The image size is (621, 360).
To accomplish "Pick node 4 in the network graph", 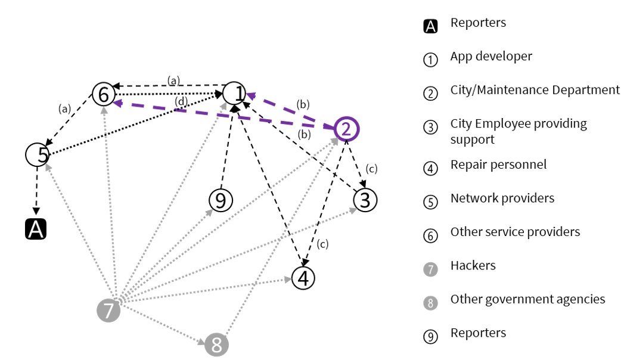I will pos(303,278).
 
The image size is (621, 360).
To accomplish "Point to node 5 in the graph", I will pos(37,155).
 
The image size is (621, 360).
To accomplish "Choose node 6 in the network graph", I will pos(103,94).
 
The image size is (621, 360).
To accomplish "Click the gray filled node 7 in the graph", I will pos(108,311).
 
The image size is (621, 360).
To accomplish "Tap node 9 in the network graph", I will pos(221,200).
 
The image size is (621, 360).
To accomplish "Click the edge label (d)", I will pos(181,101).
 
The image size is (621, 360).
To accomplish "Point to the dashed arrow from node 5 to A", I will pos(36,191).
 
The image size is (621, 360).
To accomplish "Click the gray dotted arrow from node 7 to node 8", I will pos(161,327).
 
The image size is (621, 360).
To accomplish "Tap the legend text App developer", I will pos(491,57).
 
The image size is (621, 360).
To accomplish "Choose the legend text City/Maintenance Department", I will pos(535,90).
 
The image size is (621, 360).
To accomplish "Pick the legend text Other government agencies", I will pos(527,299).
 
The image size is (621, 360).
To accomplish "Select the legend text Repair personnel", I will pos(498,165).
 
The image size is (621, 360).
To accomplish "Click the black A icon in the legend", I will pos(430,26).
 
